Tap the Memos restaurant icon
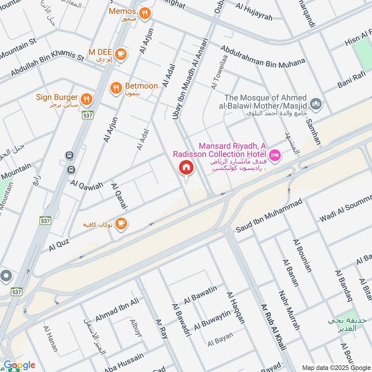point(145,13)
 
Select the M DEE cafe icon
point(120,54)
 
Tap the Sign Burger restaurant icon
point(86,99)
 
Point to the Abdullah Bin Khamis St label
point(46,65)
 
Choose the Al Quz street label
point(59,245)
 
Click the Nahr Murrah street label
point(289,311)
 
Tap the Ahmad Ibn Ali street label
point(117,310)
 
